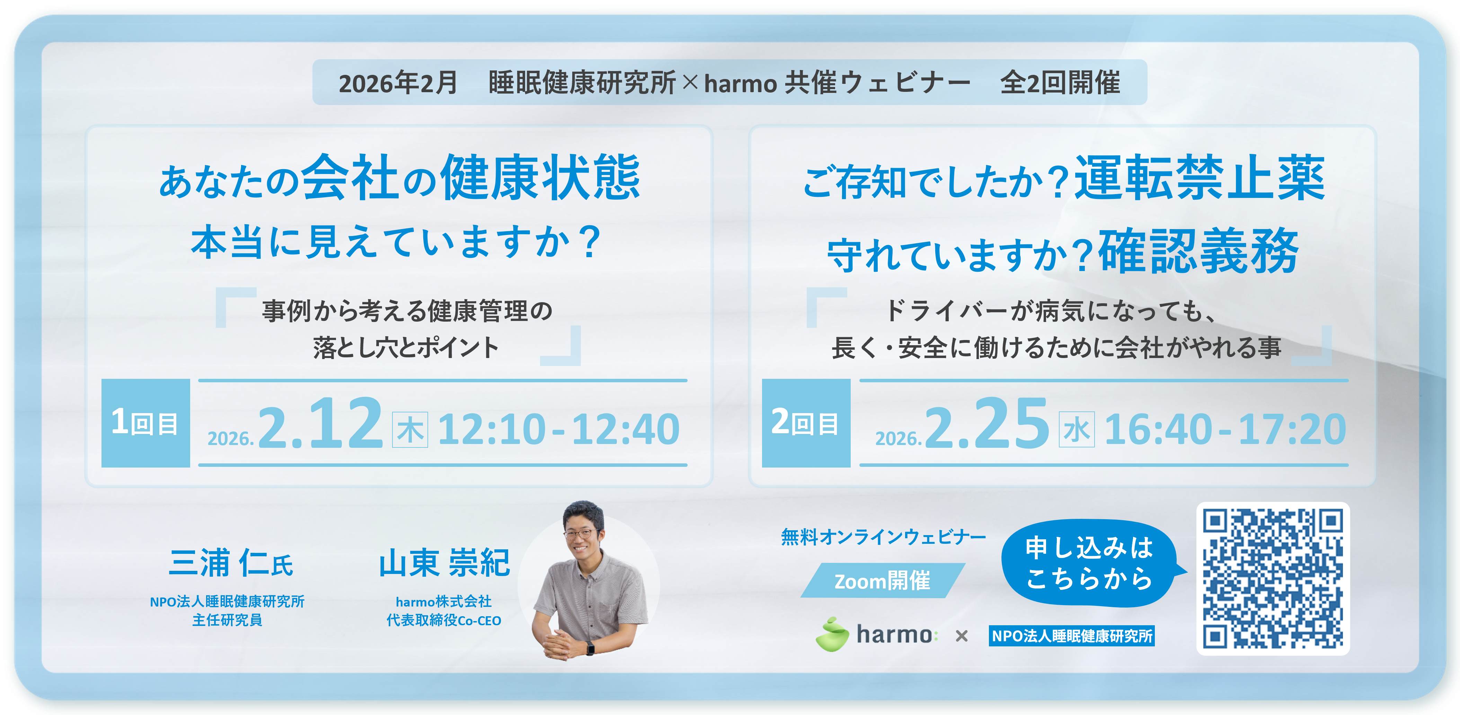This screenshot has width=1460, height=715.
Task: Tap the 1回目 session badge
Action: coord(146,423)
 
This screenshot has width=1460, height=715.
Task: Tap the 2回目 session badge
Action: coord(806,423)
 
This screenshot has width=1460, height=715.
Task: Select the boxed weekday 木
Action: coord(410,430)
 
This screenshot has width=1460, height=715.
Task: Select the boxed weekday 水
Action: coord(1076,430)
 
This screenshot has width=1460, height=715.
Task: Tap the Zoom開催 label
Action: coord(883,581)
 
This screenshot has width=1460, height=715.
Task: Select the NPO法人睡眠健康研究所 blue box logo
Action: coord(1072,636)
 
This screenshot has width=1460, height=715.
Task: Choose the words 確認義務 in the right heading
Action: coord(1199,251)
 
